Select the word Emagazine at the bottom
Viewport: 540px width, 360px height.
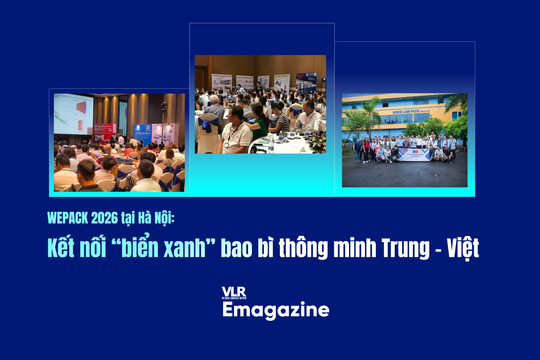(x=275, y=310)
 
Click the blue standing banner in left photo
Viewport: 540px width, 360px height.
(x=142, y=135)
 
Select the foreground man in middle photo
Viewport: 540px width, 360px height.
(x=236, y=132)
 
